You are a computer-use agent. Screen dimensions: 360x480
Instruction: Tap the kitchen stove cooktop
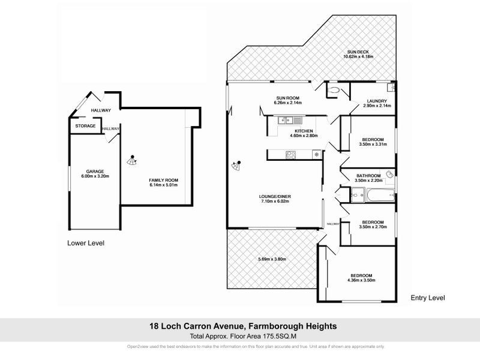click(291, 155)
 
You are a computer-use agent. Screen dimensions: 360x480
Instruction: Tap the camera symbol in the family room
click(132, 160)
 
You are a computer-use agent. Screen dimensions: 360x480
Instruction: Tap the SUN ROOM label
click(287, 98)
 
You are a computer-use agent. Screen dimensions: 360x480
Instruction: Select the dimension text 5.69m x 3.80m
click(272, 259)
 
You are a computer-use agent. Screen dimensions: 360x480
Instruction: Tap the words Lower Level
click(86, 243)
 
